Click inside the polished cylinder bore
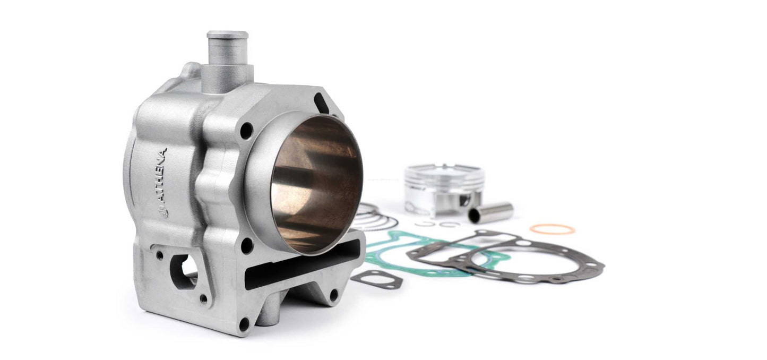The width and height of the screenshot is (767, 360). click(x=317, y=185)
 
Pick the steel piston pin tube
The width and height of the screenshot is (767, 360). click(x=490, y=212)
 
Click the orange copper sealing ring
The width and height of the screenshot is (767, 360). click(x=552, y=229)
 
